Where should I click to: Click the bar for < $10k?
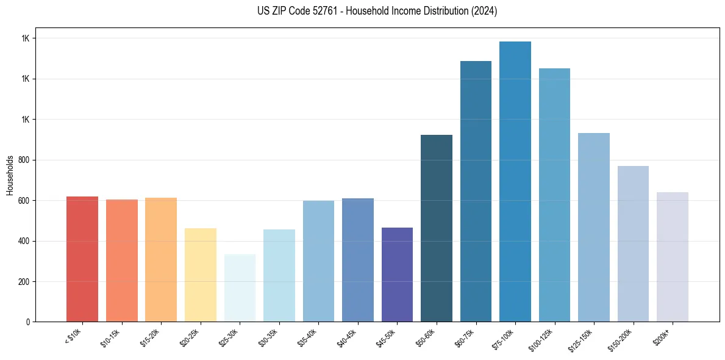82,259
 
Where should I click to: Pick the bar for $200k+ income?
673,257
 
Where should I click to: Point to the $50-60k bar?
437,228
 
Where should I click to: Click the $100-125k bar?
554,195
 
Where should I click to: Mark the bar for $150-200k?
633,243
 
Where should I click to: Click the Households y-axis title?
10,175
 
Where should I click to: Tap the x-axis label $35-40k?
308,338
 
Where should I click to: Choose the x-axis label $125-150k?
581,339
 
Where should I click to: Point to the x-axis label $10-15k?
111,338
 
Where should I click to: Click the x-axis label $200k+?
663,336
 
